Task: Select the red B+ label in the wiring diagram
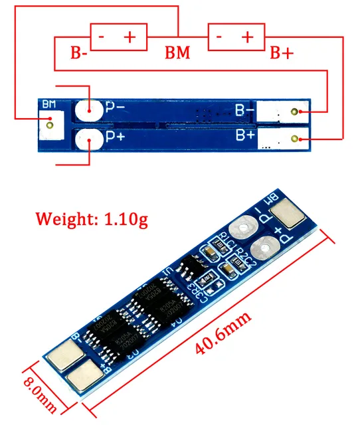click(280, 53)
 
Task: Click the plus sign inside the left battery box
click(130, 37)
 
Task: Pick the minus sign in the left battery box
click(100, 37)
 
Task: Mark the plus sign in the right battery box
click(248, 37)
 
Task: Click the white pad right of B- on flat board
click(283, 111)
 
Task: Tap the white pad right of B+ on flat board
click(283, 139)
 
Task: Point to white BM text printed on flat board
click(48, 104)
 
